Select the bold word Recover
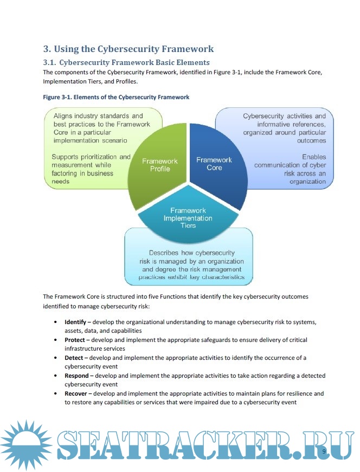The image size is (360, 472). (76, 393)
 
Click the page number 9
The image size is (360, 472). (324, 451)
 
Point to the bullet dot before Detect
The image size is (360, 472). (57, 358)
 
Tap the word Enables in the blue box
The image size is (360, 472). (314, 157)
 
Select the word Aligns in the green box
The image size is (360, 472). (64, 115)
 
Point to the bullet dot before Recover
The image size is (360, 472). (57, 394)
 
